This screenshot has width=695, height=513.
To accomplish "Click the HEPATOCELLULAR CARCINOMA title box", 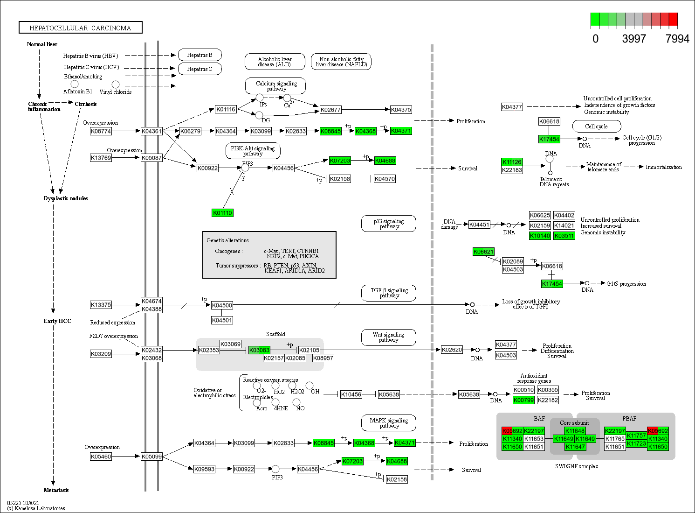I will (x=80, y=28).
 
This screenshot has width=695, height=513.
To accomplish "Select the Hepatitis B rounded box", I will (x=200, y=55).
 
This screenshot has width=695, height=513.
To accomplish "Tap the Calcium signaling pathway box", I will (x=276, y=86).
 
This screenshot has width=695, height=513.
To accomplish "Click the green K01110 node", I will (x=222, y=213).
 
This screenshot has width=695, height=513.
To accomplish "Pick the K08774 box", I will (x=101, y=131).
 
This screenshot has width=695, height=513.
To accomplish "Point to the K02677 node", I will (x=330, y=110).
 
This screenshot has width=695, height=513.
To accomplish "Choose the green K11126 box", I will (x=512, y=162).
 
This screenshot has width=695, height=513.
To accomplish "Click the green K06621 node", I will (x=483, y=252).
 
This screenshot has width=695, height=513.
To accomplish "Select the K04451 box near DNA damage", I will (x=479, y=225).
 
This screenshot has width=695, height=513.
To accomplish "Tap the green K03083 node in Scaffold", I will (x=259, y=350).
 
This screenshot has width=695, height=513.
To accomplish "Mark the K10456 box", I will (x=351, y=394).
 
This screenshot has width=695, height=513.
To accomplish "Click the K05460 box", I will (x=101, y=457).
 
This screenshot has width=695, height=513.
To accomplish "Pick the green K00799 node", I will (x=523, y=400).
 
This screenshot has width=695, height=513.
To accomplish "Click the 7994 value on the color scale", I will (x=677, y=39).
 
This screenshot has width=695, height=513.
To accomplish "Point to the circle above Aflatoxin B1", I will (x=75, y=84).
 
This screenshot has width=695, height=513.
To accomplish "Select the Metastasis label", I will (x=56, y=490).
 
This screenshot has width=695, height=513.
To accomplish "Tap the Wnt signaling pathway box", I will (x=388, y=337).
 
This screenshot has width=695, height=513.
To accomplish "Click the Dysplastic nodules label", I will (x=66, y=198).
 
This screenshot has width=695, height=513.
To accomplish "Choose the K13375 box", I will (x=101, y=305).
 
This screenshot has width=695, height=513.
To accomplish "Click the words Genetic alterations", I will (x=227, y=240).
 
